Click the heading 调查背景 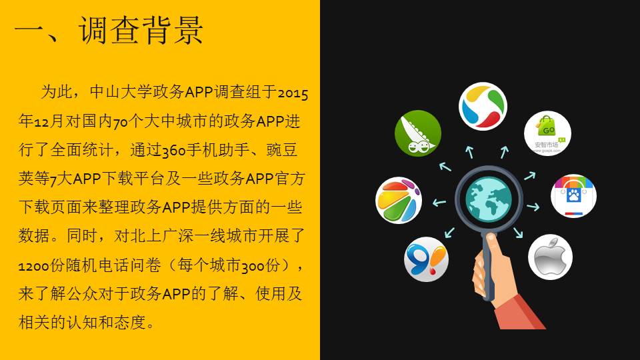(141, 30)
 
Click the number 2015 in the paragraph (293, 93)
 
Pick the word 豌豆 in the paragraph (282, 150)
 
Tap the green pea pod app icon (418, 133)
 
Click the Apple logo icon (550, 257)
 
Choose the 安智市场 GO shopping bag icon (547, 133)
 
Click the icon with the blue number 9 (426, 259)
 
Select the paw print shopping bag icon (573, 196)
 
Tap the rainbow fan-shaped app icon (399, 201)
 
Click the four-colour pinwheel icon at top (483, 106)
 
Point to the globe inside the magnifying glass (489, 199)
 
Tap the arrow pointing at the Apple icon (517, 232)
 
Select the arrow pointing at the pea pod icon (445, 166)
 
